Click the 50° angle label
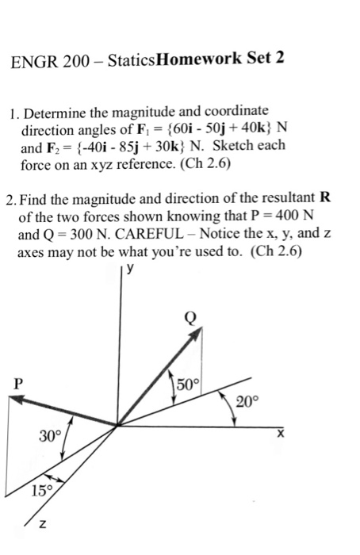point(190,385)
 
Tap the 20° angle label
point(247,402)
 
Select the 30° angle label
point(49,434)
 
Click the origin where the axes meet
point(119,424)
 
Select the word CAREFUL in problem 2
point(147,236)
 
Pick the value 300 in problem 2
point(80,236)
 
